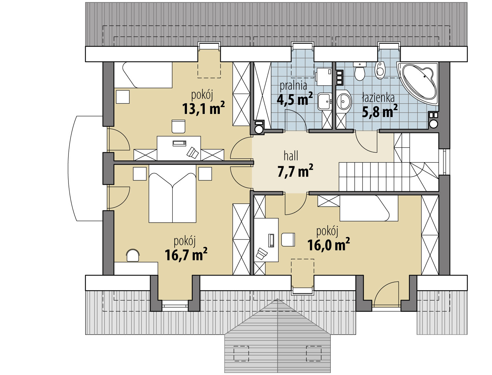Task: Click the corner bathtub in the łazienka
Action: point(418,83)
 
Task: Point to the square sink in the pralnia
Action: point(325,101)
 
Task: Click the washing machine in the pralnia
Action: point(324,77)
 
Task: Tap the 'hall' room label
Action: point(291,156)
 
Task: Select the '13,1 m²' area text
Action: point(203,108)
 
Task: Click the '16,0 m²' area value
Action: point(328,244)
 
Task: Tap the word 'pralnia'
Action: point(293,86)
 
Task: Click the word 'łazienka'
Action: point(379,98)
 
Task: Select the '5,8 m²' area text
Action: point(380,111)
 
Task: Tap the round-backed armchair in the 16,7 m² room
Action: point(133,255)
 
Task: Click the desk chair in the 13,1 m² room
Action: point(178,126)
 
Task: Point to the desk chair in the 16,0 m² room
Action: point(288,240)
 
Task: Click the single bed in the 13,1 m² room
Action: point(143,75)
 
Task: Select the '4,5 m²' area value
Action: point(295,99)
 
